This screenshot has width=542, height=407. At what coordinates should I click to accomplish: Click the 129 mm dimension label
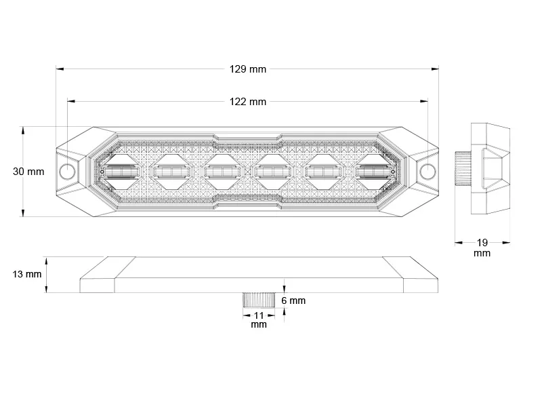(248, 69)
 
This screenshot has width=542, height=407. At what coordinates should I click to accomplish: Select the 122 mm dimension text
(248, 102)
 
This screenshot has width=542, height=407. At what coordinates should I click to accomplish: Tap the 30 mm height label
(28, 172)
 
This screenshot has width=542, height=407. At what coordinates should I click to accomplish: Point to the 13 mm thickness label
(27, 274)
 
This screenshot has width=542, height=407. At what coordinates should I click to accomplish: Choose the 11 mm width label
(259, 319)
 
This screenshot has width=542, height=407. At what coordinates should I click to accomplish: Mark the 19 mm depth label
(482, 247)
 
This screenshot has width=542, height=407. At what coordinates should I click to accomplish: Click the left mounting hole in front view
(68, 171)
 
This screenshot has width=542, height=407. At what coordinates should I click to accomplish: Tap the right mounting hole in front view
(428, 171)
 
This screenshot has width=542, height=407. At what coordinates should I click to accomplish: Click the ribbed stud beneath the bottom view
(259, 300)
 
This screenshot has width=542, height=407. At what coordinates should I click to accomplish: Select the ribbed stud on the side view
(461, 166)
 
